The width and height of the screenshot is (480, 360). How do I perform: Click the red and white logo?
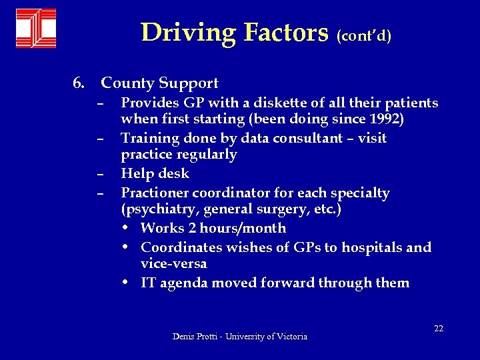[36, 29]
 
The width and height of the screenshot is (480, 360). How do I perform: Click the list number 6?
[78, 83]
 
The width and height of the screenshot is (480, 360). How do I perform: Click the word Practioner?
[155, 193]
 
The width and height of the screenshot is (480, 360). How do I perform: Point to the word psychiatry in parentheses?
[153, 209]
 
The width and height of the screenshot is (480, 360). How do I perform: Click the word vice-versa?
[173, 263]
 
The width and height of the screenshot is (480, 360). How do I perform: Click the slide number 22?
[439, 328]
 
